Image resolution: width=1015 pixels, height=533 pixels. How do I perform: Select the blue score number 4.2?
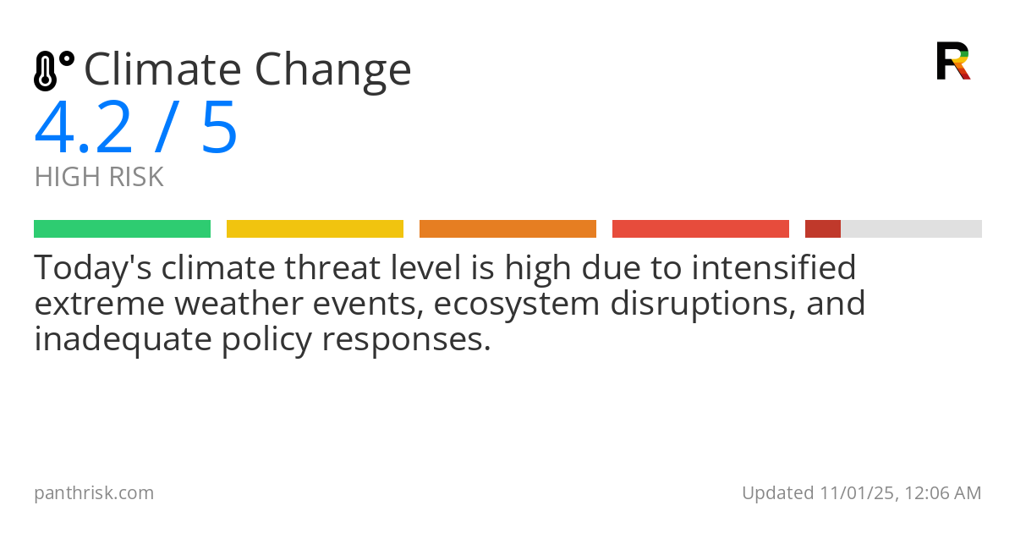pyautogui.click(x=83, y=129)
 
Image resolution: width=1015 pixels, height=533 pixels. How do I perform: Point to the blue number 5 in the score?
pyautogui.click(x=219, y=129)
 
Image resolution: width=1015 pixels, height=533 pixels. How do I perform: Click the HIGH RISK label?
pyautogui.click(x=99, y=178)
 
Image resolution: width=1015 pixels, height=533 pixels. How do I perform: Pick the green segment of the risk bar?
pyautogui.click(x=122, y=229)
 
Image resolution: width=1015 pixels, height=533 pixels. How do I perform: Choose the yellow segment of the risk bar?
pyautogui.click(x=315, y=229)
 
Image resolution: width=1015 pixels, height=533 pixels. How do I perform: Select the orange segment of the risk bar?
pyautogui.click(x=507, y=229)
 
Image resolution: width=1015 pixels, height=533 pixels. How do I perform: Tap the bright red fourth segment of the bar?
pyautogui.click(x=700, y=229)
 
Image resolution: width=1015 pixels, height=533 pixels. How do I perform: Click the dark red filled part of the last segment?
pyautogui.click(x=822, y=229)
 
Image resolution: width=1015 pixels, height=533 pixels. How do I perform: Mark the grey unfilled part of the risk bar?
pyautogui.click(x=911, y=229)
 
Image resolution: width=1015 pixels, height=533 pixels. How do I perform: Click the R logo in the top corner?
pyautogui.click(x=952, y=61)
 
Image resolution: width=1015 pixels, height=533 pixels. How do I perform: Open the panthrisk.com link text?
pyautogui.click(x=94, y=493)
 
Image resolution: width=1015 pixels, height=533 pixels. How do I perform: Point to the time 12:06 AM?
pyautogui.click(x=943, y=493)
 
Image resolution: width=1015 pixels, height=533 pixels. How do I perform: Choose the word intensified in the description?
pyautogui.click(x=774, y=269)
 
